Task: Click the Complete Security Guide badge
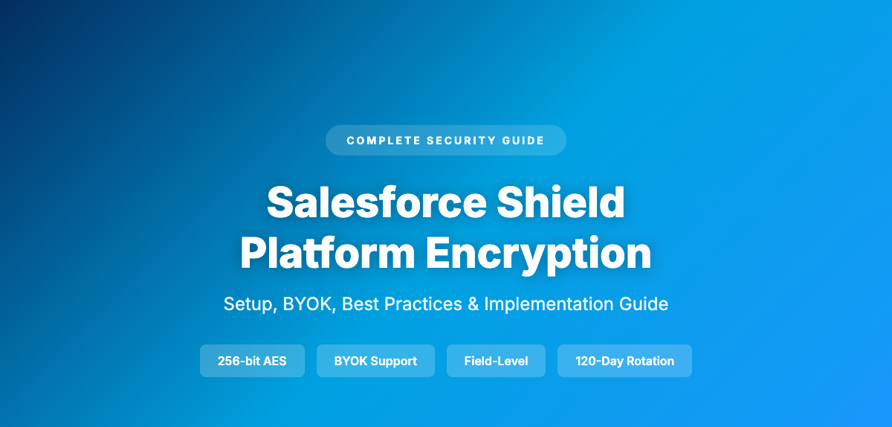(x=445, y=140)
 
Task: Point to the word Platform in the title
(x=328, y=253)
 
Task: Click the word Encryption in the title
(x=539, y=253)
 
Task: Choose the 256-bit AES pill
(x=252, y=361)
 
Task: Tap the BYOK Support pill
(x=375, y=361)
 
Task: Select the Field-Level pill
(x=496, y=361)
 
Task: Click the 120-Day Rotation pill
(x=624, y=361)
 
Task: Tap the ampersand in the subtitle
(x=473, y=304)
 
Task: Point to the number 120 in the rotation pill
(x=586, y=361)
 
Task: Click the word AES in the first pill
(x=275, y=361)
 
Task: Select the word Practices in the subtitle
(x=424, y=304)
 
